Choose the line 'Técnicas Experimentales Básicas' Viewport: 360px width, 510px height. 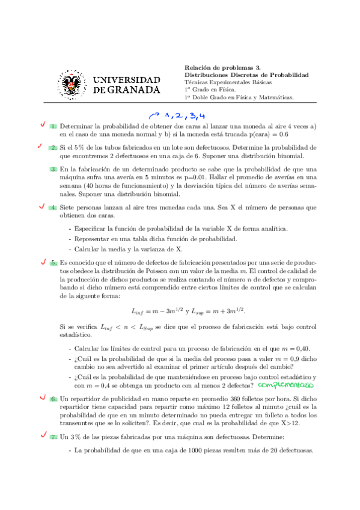(228, 82)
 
